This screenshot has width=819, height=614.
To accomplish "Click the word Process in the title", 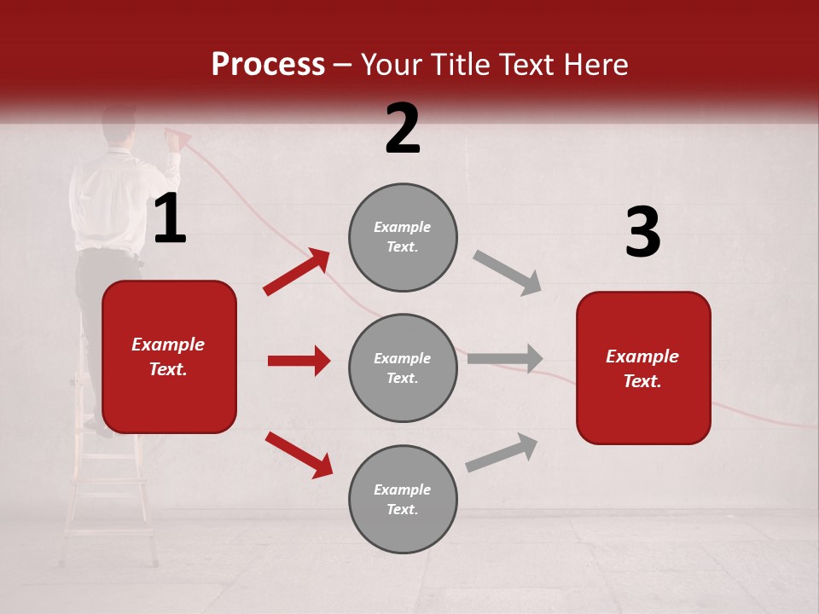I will (x=268, y=65).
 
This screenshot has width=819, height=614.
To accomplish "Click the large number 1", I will (x=170, y=219).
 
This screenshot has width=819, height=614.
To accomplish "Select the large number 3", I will (x=642, y=233).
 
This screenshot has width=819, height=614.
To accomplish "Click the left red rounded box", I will (x=169, y=356).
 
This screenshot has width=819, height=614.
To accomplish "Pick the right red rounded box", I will (x=643, y=368).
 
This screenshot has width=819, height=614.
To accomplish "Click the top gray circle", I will (x=403, y=237).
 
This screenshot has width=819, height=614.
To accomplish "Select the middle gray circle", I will (x=403, y=368).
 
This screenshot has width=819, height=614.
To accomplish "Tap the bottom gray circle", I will (x=403, y=500).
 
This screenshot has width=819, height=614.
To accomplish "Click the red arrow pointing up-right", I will (x=297, y=271).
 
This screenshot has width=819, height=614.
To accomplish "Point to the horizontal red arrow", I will (x=299, y=361).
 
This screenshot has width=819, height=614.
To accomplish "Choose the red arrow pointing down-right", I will (x=299, y=455).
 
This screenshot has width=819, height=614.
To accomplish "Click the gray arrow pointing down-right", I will (x=508, y=273).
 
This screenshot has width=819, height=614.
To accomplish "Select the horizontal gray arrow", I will (x=505, y=358).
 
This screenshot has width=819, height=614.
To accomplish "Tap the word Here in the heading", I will (x=595, y=65).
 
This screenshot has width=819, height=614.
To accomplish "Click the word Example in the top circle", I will (x=402, y=227).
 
